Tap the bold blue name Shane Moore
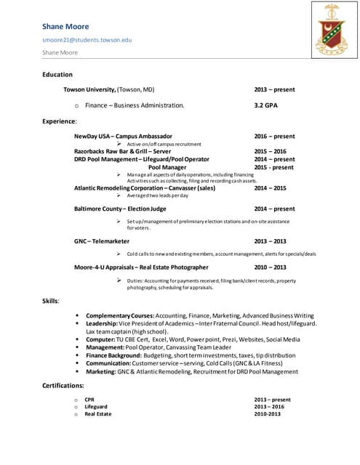point(65,27)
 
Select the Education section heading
point(57,74)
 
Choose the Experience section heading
point(60,121)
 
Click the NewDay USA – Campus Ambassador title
point(123,136)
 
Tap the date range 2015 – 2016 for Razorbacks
point(270,151)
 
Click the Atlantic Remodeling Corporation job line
point(145,188)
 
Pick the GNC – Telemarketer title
point(102,240)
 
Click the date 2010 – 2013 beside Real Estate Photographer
point(270,267)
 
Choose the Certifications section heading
point(63,385)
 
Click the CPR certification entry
point(89,400)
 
